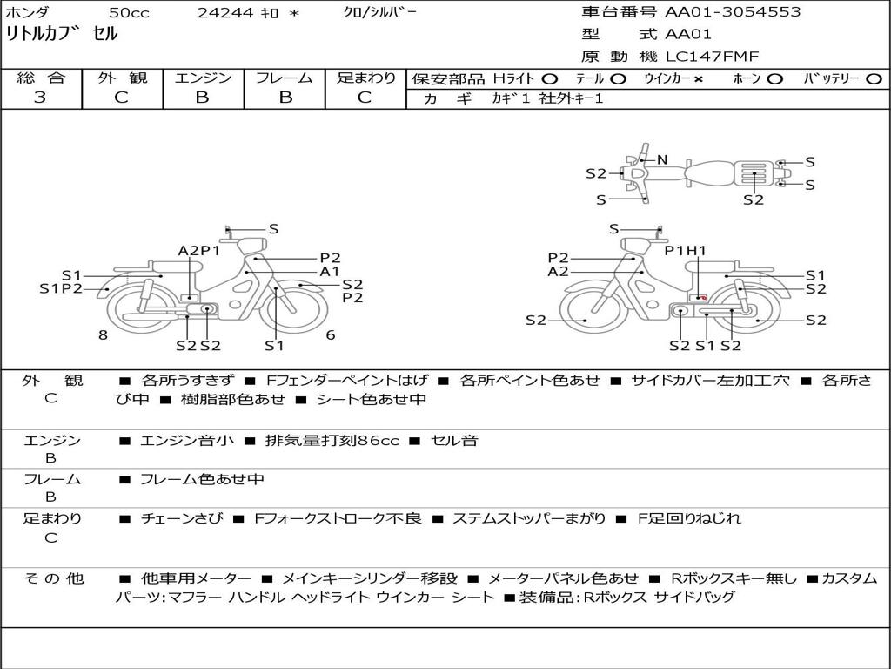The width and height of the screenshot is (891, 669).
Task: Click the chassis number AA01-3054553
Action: point(733,12)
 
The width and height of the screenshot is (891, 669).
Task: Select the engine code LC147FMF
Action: point(712,57)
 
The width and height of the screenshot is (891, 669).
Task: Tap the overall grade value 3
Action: point(40,98)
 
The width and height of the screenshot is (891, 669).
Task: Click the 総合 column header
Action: point(40,78)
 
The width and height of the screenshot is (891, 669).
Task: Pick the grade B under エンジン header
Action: point(202,98)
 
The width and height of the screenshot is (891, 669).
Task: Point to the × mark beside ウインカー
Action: point(699,79)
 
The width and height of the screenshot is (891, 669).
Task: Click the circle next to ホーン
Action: point(774,79)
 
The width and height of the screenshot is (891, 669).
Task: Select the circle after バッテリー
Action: point(874,79)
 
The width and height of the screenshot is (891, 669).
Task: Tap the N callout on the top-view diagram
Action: point(661,160)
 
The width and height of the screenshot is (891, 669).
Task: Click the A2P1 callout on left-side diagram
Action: point(199,251)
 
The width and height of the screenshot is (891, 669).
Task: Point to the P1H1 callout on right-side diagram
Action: point(686,250)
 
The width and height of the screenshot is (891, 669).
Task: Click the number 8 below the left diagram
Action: point(103,335)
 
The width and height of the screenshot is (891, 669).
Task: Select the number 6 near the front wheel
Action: point(331,335)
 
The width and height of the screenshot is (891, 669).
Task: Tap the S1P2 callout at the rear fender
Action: point(61,289)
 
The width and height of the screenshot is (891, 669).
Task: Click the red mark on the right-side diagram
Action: point(702,298)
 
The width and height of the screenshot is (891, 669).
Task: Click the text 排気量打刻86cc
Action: point(332,440)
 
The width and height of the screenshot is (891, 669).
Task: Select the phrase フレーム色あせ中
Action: point(202,480)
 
